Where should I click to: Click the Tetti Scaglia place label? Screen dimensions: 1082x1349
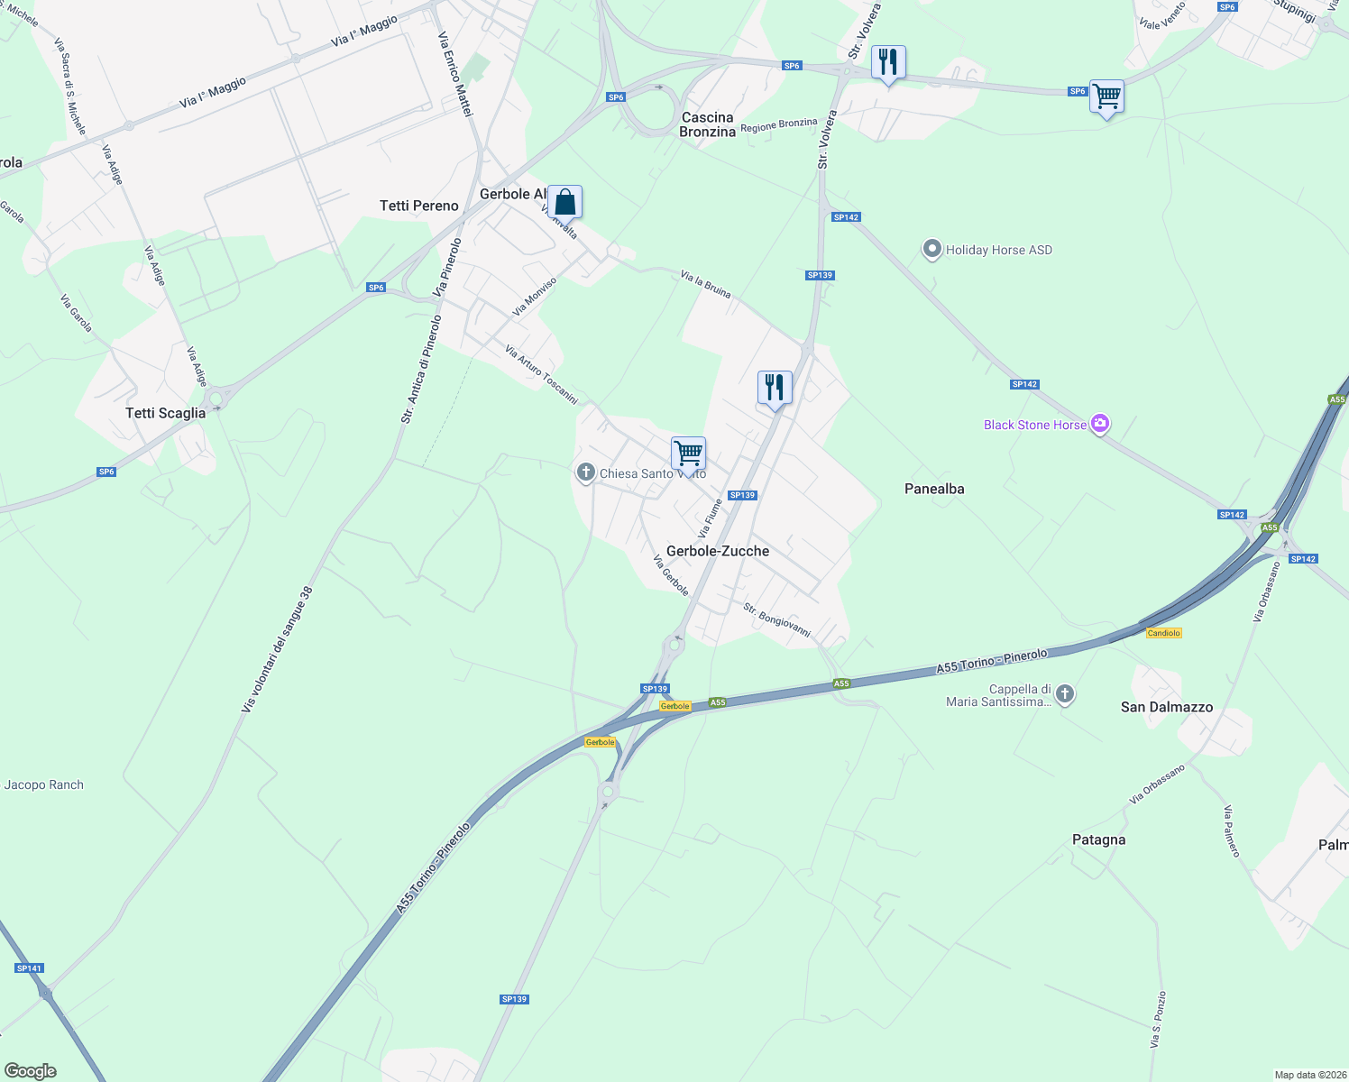(x=166, y=413)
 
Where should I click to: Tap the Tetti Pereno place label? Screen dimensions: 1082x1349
(x=419, y=206)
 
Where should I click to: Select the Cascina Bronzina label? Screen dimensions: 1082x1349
(x=707, y=124)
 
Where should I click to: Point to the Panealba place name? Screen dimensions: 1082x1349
(x=934, y=489)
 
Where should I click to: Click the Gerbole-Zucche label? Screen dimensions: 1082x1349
(x=718, y=551)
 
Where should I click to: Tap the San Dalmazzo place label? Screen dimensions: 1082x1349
(x=1167, y=707)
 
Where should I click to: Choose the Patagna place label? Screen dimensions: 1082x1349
(x=1098, y=839)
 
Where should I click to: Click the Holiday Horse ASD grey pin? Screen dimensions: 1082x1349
(x=932, y=250)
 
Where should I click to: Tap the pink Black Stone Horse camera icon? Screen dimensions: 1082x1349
(x=1099, y=424)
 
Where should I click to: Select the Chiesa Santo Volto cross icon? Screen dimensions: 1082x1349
(x=586, y=472)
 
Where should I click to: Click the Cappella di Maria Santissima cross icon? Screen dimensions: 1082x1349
(x=1065, y=694)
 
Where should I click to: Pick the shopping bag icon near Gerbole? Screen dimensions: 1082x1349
(x=565, y=202)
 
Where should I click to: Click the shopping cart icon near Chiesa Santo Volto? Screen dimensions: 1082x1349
(x=688, y=454)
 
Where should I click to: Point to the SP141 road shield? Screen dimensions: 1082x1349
(x=29, y=968)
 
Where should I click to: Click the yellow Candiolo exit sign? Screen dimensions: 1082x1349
(x=1163, y=633)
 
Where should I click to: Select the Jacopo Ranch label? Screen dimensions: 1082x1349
(x=44, y=784)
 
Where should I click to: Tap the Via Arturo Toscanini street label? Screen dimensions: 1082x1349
(x=541, y=374)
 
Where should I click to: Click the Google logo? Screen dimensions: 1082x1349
(x=31, y=1071)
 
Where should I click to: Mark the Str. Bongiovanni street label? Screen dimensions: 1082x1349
(x=776, y=620)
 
